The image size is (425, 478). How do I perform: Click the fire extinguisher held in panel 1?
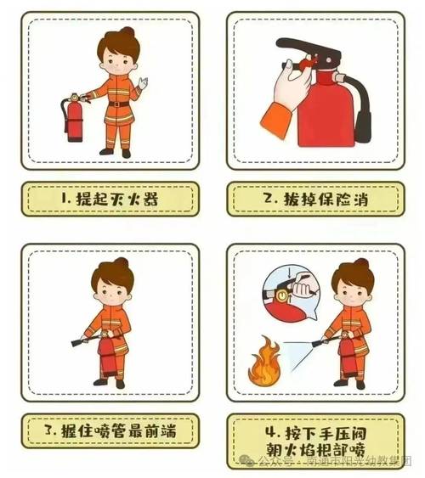point(74,119)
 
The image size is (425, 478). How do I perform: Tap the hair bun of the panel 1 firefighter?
point(127,34)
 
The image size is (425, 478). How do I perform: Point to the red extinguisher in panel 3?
point(108,357)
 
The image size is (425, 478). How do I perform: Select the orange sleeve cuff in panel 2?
point(275,122)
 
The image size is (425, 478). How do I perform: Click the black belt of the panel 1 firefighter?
point(118,104)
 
